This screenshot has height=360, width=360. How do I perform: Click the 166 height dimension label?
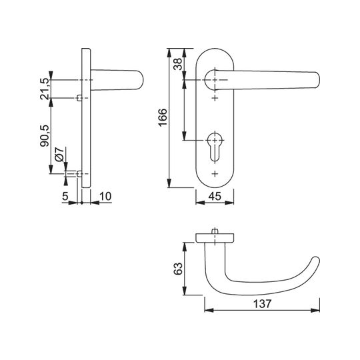163,117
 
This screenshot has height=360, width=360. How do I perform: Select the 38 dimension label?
178,64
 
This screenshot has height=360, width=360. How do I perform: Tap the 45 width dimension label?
215,196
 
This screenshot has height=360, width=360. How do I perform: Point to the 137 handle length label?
262,303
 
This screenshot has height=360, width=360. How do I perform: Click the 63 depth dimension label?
178,269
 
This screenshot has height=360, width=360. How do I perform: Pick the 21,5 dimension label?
45,89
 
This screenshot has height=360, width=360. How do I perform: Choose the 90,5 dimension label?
45,136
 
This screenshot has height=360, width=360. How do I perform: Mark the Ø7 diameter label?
59,154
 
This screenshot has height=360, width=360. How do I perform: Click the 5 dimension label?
65,196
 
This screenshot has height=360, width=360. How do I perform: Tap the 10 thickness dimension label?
105,196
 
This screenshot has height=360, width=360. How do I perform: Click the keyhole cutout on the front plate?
215,147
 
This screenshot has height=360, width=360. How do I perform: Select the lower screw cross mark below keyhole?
215,174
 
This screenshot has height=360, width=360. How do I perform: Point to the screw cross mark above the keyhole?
215,98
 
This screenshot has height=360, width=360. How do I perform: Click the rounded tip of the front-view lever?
317,80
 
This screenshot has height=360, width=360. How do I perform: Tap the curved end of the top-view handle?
316,260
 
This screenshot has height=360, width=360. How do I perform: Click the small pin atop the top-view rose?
215,231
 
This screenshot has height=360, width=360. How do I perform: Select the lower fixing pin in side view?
79,174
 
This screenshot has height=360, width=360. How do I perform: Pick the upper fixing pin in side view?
79,98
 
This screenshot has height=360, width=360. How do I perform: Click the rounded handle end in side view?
140,80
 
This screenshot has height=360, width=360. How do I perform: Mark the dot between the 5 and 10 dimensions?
82,203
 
